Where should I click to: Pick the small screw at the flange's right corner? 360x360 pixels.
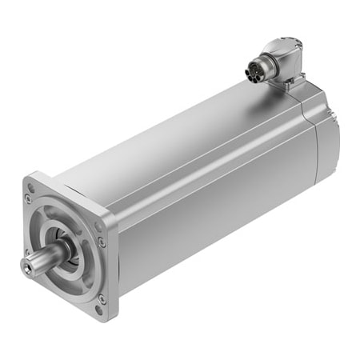coord(101,241)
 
